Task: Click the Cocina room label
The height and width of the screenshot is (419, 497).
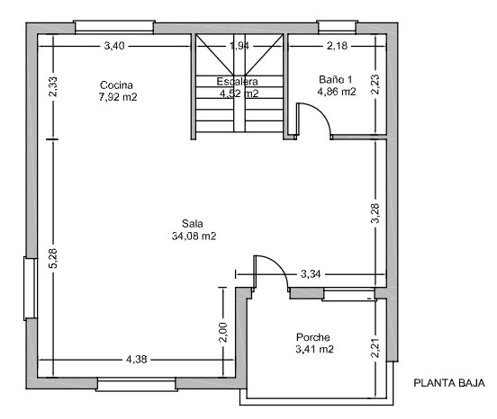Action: point(116,85)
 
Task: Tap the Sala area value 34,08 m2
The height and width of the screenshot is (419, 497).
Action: point(194,236)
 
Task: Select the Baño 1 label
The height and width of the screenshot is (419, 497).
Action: point(335,79)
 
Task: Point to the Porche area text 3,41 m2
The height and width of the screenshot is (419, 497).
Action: point(314,349)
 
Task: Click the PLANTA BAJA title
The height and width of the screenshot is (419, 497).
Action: point(449,383)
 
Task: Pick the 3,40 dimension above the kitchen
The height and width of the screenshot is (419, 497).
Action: point(114,46)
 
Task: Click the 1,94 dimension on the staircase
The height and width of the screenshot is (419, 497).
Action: point(239,46)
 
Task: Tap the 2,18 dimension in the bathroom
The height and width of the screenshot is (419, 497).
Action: point(338,46)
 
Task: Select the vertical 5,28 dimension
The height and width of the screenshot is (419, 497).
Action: point(53,258)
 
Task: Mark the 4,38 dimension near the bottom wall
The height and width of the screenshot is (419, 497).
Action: point(137,359)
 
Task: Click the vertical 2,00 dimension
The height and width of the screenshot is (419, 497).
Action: point(223,333)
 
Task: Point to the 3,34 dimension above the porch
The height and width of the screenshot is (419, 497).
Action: point(311,273)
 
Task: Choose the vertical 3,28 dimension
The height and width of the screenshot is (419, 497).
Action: point(375,213)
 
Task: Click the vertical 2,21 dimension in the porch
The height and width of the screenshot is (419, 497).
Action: point(375,348)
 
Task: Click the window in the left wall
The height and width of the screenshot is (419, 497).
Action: point(31,289)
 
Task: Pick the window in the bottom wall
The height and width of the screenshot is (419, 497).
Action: point(136,384)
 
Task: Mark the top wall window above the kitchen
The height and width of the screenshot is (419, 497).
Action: point(114,27)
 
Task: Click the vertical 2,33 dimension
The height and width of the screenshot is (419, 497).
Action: point(53,86)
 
